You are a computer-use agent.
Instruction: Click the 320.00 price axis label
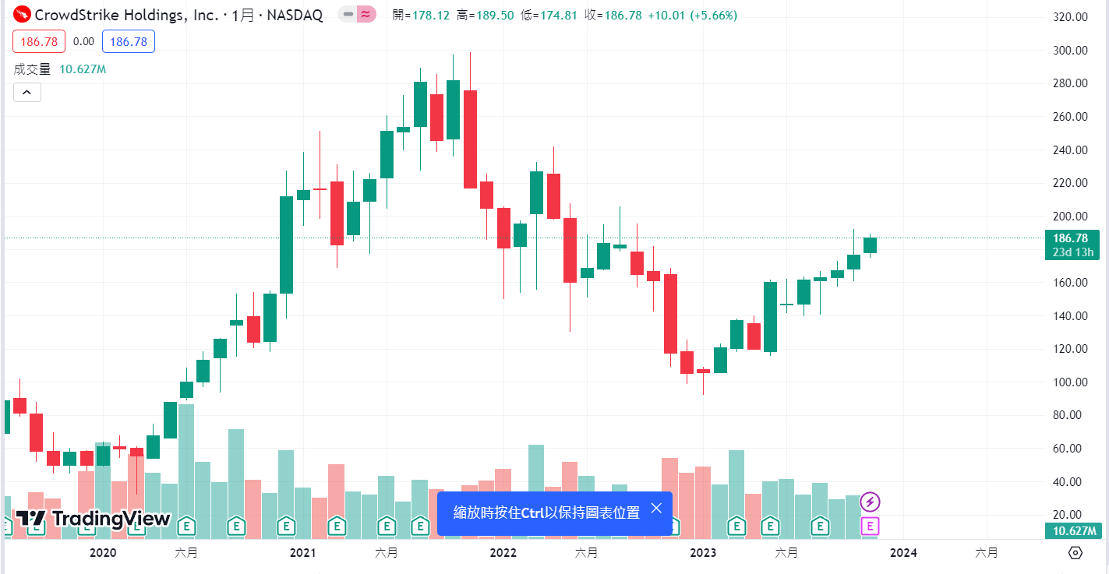(1069, 17)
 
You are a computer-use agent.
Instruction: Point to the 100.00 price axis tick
(1069, 382)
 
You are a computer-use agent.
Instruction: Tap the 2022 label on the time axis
(503, 553)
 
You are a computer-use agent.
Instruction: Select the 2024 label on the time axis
(903, 553)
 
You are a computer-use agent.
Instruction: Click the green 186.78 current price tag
(1072, 238)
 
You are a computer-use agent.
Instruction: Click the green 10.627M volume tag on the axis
(1072, 531)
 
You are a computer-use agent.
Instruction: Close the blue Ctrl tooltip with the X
(656, 509)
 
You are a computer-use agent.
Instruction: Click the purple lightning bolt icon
(871, 502)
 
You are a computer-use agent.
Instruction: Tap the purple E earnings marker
(871, 526)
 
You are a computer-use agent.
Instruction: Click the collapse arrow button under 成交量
(26, 93)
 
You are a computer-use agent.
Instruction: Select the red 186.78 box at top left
(38, 41)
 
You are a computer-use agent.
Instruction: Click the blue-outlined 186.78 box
(129, 41)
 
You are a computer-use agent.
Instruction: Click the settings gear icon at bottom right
(1075, 553)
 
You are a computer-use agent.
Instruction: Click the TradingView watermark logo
(94, 519)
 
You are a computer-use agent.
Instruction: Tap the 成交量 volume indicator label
(32, 69)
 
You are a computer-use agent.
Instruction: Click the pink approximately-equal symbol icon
(366, 15)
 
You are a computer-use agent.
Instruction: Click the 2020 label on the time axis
(103, 553)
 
